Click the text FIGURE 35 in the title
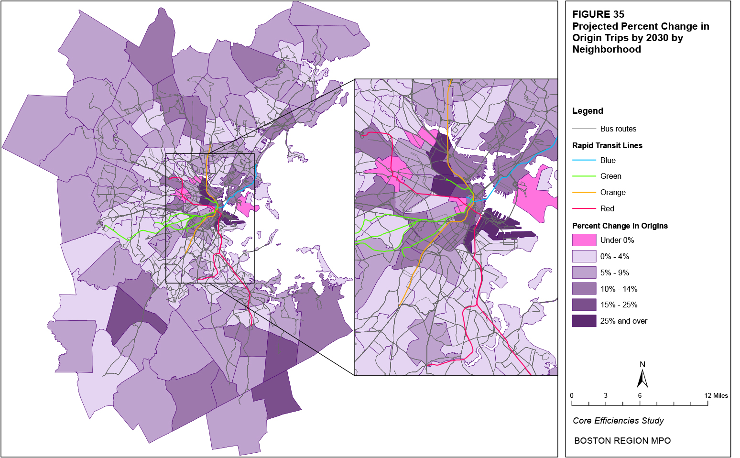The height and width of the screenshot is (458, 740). pos(598,14)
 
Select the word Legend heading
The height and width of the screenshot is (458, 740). pos(588,111)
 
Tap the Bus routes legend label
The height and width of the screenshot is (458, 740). pos(618,129)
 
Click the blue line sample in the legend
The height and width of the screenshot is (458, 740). pos(584,160)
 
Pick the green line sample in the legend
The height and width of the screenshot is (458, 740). pos(584,176)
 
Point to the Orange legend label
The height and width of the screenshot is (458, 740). pos(613,192)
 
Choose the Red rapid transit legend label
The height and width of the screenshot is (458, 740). pos(607,208)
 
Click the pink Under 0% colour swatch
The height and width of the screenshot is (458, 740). pos(584,240)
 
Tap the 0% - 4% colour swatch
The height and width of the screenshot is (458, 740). pos(584,256)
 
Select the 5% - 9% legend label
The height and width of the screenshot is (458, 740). pos(614,273)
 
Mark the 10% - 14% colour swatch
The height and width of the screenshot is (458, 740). pos(584,289)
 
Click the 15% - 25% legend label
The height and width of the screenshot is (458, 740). pos(619,305)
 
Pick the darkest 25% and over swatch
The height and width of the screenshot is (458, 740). pos(584,321)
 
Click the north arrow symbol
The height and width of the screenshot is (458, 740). pos(642,377)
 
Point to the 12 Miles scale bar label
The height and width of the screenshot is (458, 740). pos(716,395)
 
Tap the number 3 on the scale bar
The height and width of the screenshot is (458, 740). pos(606,395)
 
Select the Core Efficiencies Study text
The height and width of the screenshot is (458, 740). pos(618,421)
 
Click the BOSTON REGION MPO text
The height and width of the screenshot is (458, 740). pos(622,441)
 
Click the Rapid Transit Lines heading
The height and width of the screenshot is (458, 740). pos(607,145)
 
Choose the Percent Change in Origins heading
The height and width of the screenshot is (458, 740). pos(620,226)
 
